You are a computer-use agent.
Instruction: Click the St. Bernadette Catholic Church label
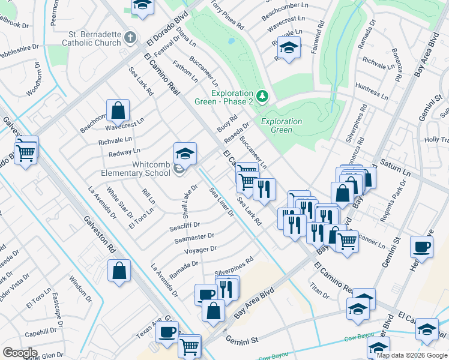[x=94, y=38]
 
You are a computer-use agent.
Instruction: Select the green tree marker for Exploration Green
[x=262, y=96]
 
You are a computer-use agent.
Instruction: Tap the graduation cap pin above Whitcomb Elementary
[x=185, y=154]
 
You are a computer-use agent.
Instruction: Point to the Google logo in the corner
[x=20, y=353]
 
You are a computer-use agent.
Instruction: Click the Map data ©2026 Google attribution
[x=411, y=355]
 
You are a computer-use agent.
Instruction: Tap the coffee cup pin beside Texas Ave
[x=167, y=331]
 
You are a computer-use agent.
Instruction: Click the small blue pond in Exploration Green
[x=231, y=42]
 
